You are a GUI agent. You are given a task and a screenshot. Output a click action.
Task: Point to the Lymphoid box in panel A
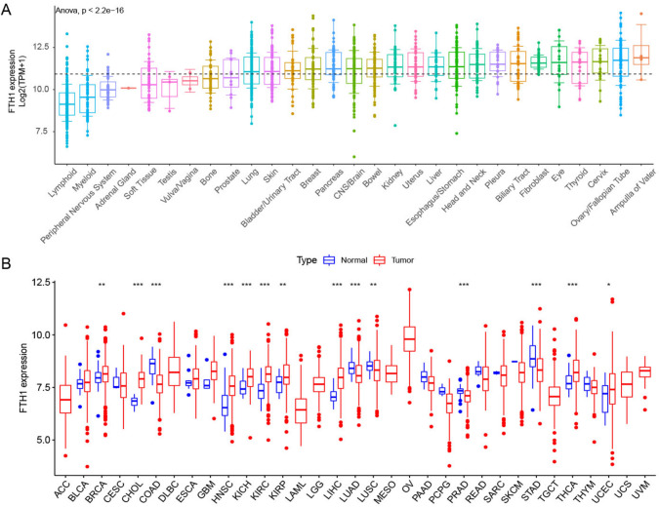pyautogui.click(x=65, y=102)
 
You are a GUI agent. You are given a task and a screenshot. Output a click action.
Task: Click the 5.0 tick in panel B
pyautogui.click(x=42, y=440)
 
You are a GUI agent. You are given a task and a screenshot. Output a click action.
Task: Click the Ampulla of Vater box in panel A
pyautogui.click(x=640, y=54)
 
